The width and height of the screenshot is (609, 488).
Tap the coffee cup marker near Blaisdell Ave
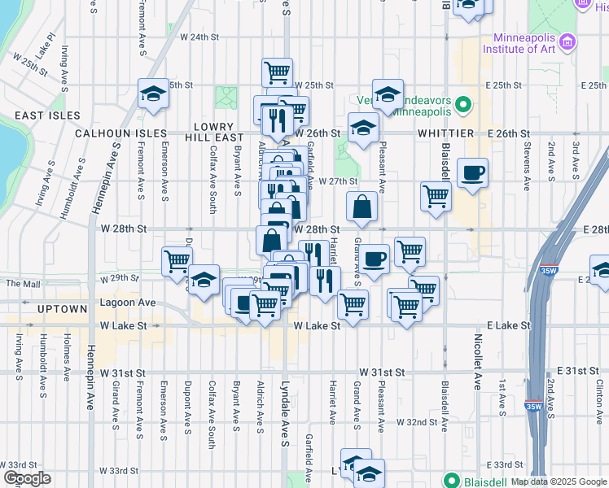coord(472,173)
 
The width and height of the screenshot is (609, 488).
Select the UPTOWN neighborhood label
coord(62,310)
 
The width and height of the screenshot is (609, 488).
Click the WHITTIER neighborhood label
coord(445,133)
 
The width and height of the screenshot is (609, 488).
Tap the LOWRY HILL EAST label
coord(215,133)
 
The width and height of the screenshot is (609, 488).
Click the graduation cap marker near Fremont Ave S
coord(153,94)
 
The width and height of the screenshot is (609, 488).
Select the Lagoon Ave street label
coord(126,302)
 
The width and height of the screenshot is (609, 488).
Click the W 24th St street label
coord(199,37)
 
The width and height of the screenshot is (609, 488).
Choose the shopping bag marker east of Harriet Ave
coord(361,207)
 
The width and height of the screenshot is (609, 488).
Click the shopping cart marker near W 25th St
coord(277,72)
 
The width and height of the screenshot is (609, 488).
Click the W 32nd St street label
coord(417,422)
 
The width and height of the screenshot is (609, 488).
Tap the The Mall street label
coord(22,284)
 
